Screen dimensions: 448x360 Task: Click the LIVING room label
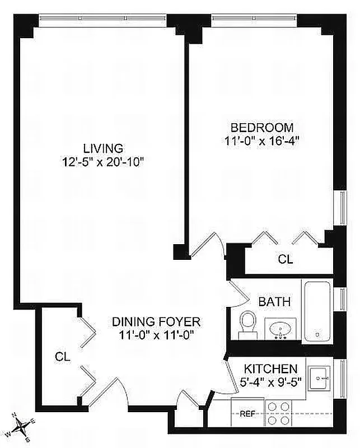[103, 148]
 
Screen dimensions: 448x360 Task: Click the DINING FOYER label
[156, 322]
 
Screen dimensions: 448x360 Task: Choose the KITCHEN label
[269, 369]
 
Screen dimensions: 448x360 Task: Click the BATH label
[274, 302]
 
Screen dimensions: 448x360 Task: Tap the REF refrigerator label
[247, 415]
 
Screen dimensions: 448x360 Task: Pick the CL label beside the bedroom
[286, 260]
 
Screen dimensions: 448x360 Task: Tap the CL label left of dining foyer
[62, 356]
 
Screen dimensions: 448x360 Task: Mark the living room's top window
[103, 20]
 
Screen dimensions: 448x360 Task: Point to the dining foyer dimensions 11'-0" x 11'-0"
[156, 335]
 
